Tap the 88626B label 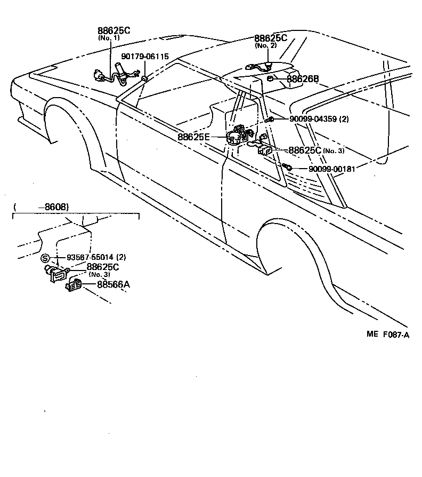303,79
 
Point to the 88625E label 193,137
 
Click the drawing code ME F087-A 387,335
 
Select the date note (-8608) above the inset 41,206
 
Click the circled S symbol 45,258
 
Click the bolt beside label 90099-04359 271,120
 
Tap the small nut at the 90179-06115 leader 144,79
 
